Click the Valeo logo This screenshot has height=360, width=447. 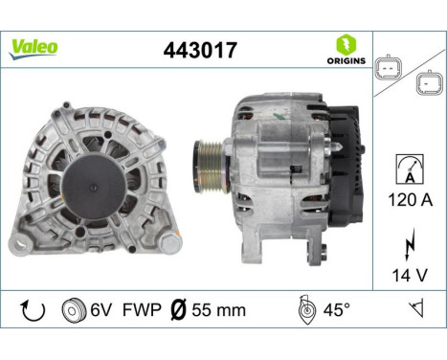tap(34, 47)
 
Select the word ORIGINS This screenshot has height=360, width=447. tap(346, 60)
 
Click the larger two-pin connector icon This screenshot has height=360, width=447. tap(387, 70)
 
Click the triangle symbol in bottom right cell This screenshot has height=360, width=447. tap(415, 309)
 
